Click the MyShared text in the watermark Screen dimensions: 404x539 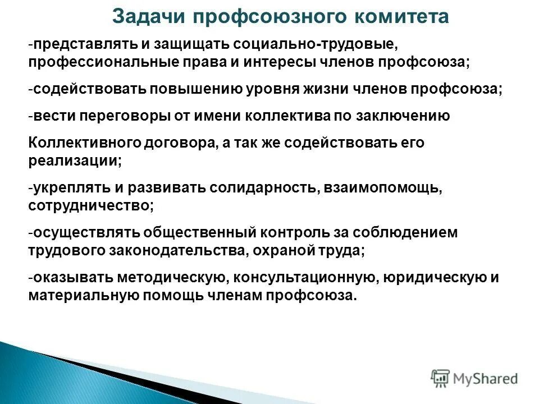point(485,378)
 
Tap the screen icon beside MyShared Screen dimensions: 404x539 point(441,378)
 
